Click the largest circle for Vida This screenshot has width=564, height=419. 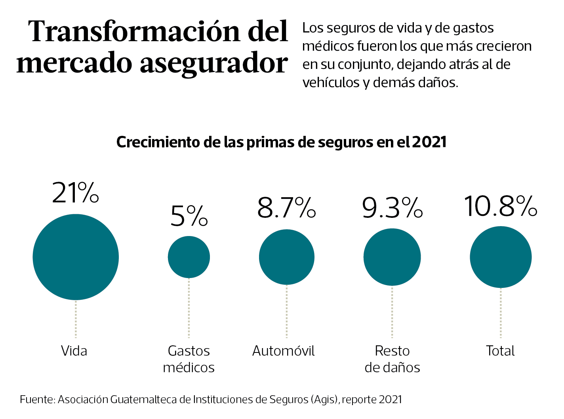(76, 257)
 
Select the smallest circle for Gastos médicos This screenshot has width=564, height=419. (189, 257)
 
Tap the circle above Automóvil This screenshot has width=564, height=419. (287, 257)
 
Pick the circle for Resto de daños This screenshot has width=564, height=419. (392, 257)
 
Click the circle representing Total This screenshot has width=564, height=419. (501, 257)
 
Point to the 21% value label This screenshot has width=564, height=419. (76, 193)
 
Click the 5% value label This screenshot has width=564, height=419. (189, 216)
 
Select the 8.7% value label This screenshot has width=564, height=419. (286, 208)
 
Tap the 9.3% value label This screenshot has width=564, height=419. (392, 208)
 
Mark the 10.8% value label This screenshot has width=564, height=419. (500, 206)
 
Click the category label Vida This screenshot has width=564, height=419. (74, 351)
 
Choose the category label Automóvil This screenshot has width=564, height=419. (284, 351)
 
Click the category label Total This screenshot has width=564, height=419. (500, 351)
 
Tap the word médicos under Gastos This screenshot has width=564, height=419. (189, 368)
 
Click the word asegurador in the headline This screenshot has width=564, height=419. (213, 63)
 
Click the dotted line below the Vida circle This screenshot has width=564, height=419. (76, 319)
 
